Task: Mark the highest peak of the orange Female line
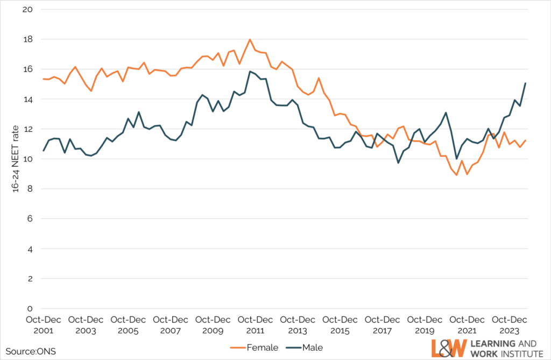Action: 250,39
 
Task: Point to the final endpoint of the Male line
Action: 525,83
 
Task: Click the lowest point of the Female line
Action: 456,175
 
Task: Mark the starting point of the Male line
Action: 44,151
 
